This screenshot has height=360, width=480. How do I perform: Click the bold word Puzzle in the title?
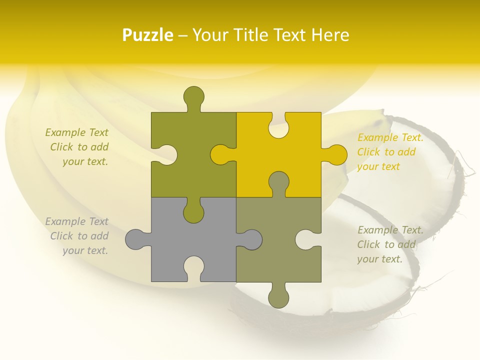[148, 35]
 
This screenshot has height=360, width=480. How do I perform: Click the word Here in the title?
[329, 35]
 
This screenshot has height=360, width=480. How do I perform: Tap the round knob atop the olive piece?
[194, 96]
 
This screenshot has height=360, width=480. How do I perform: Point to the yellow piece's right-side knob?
[336, 155]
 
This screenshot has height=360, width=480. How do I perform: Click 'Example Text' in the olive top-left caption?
[76, 132]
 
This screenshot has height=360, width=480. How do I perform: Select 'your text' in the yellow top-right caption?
[378, 166]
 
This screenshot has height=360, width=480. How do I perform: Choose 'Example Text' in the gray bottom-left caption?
[76, 221]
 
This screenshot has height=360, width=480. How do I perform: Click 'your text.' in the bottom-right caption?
[379, 259]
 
